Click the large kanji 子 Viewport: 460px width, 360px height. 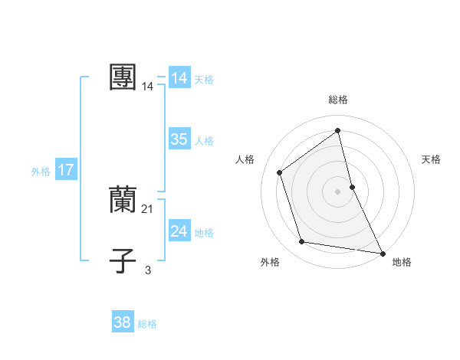point(123,261)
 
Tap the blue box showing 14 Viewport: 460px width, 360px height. point(179,78)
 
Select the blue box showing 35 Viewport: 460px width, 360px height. point(179,139)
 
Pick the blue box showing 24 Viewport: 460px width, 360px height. point(179,231)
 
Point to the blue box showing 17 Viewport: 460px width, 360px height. point(66,170)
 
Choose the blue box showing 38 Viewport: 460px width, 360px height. point(122,322)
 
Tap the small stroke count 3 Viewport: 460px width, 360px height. point(148,270)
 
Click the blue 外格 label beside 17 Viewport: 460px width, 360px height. point(41,172)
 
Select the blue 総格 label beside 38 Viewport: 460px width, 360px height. point(147,324)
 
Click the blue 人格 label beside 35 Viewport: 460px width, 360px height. point(204,141)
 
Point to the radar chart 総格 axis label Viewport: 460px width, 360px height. point(338,100)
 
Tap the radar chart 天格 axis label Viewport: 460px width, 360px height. point(431,159)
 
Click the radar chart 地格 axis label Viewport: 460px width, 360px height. point(402,262)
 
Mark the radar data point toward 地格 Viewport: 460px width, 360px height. point(382,253)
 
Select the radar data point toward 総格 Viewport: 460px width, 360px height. point(338,131)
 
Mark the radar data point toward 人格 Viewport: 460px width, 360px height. point(280,172)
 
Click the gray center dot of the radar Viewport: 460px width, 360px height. point(338,191)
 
